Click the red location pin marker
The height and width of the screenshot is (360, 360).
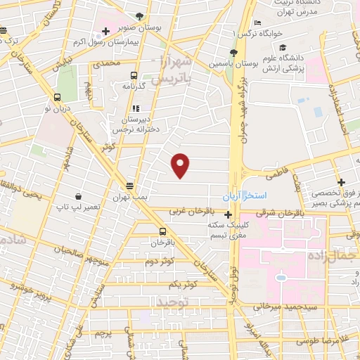(181, 165)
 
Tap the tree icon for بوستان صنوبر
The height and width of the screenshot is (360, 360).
(139, 15)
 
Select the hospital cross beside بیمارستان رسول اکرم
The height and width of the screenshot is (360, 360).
(105, 31)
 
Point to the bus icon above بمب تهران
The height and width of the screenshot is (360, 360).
(129, 186)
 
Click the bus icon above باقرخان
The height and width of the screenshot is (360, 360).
(163, 231)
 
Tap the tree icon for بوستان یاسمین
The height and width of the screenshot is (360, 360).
(233, 53)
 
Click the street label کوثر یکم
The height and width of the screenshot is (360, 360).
(182, 283)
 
